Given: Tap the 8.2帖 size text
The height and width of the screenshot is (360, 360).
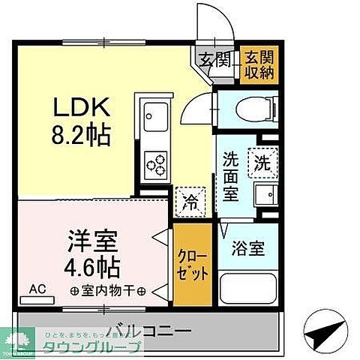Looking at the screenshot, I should pyautogui.click(x=81, y=136).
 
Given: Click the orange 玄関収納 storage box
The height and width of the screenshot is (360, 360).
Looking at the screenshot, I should pyautogui.click(x=258, y=67).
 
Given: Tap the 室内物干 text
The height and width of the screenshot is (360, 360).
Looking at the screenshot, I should pyautogui.click(x=109, y=290).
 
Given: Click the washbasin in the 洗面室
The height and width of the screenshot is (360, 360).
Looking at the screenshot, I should pyautogui.click(x=265, y=198).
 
